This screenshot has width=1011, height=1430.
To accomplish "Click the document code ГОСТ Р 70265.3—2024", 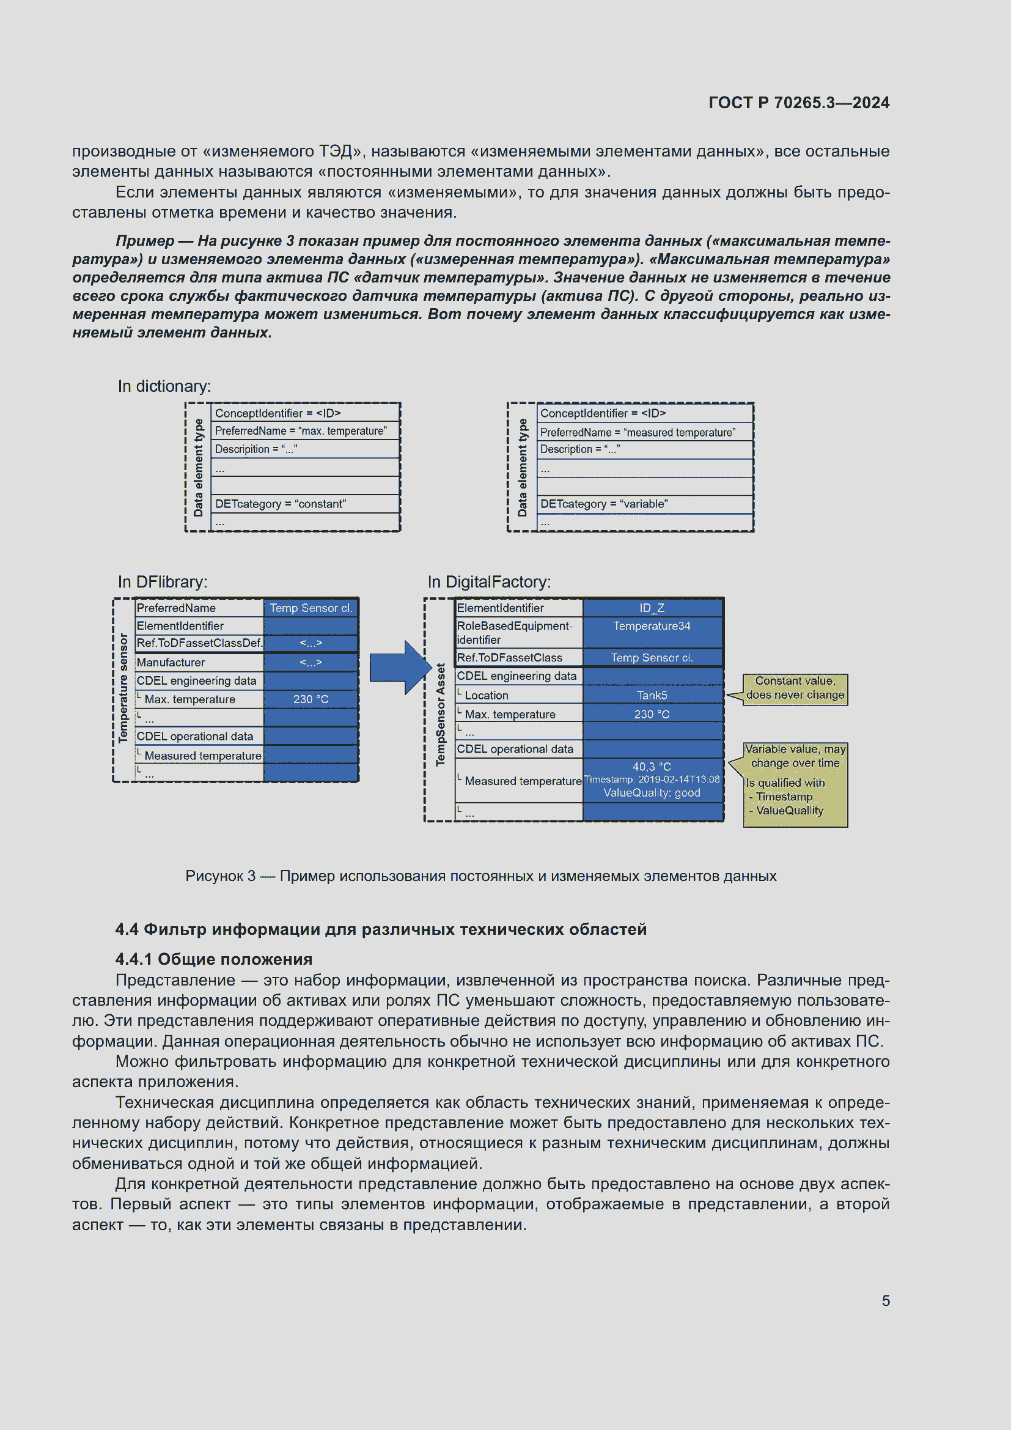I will [799, 103].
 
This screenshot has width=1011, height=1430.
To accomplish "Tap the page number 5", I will [885, 1300].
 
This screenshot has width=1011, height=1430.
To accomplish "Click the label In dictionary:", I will [164, 386].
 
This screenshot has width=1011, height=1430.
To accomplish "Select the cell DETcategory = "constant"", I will [280, 504].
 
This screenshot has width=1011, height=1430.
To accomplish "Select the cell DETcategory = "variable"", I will [604, 504].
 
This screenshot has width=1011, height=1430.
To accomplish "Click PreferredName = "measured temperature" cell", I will [638, 432].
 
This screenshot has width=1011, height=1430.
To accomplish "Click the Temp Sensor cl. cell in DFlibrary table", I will [311, 608].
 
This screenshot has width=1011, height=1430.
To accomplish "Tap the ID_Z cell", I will [652, 608].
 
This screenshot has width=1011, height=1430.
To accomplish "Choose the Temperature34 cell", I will [652, 626].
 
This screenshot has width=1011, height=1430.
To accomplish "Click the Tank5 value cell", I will [652, 695].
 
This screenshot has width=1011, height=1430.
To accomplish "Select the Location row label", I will [486, 695].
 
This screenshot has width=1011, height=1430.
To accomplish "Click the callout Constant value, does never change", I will [795, 688].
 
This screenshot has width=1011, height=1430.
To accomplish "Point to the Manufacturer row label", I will [171, 662].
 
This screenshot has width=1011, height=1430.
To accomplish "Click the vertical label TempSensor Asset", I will [441, 714].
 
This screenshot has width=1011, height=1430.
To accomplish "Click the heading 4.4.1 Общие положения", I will [213, 959].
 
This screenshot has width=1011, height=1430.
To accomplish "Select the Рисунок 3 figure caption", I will [480, 875].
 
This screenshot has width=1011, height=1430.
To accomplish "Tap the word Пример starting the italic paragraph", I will [145, 241].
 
